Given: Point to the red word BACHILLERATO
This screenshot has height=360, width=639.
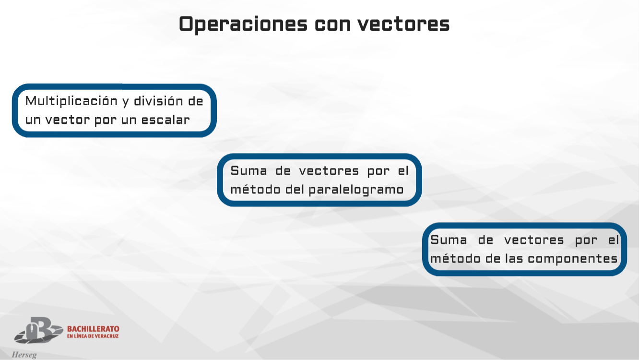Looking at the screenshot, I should [93, 329].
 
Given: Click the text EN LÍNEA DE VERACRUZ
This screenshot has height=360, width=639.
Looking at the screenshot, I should [93, 336].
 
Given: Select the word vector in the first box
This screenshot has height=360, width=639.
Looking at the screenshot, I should [68, 120].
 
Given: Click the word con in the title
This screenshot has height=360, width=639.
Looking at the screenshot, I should [331, 24].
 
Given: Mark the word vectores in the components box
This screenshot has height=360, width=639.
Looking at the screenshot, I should [534, 240].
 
